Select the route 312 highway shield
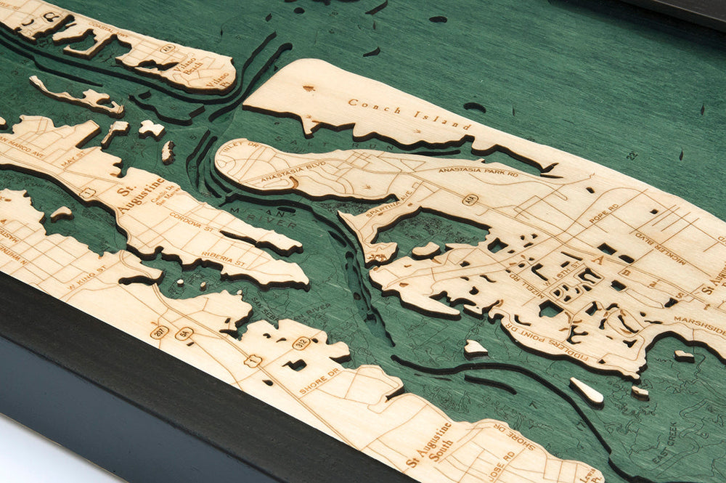click(301, 342)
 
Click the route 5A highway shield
click(184, 333)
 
